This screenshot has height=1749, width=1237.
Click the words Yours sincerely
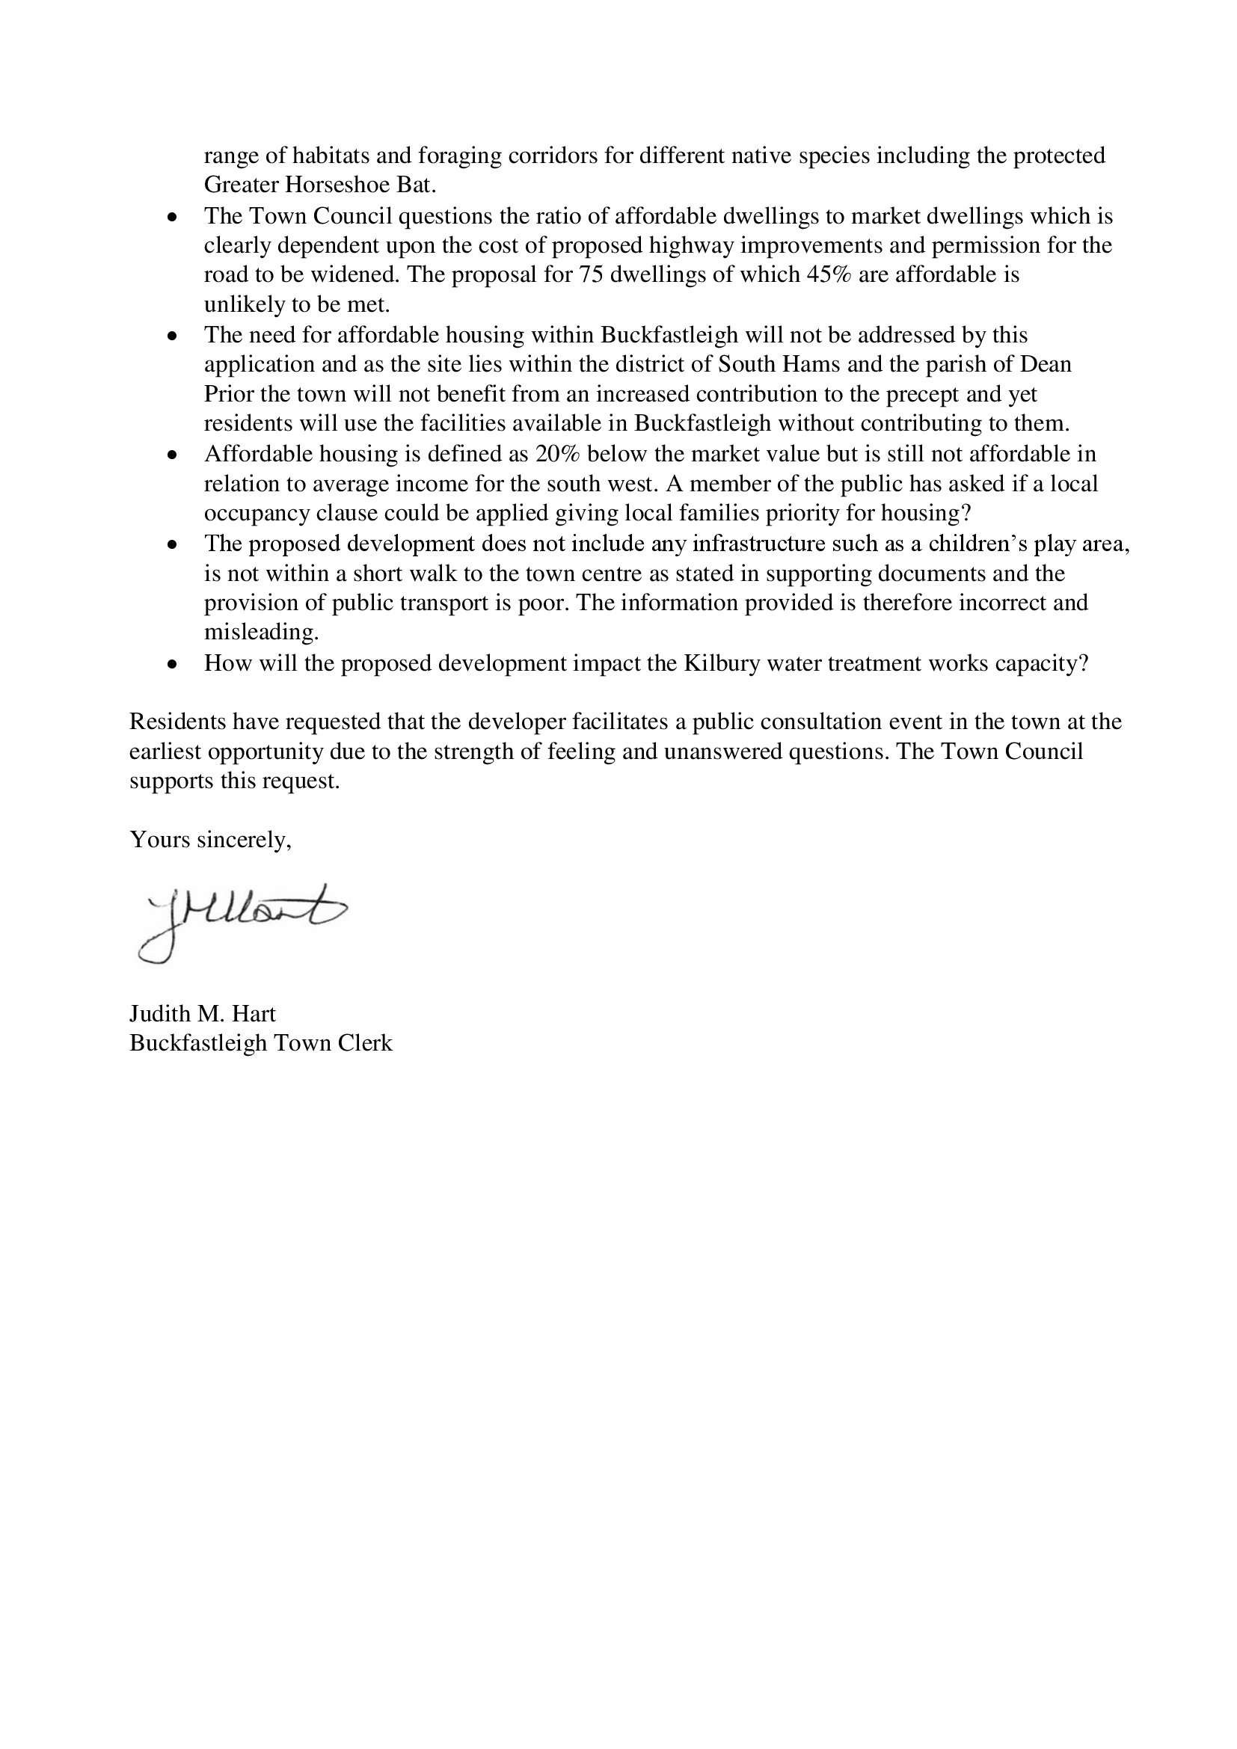tap(210, 840)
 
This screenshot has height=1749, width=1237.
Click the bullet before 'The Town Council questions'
tap(174, 217)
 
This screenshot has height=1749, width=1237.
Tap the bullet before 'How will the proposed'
tap(174, 664)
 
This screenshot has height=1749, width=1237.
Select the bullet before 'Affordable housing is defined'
tap(174, 455)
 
